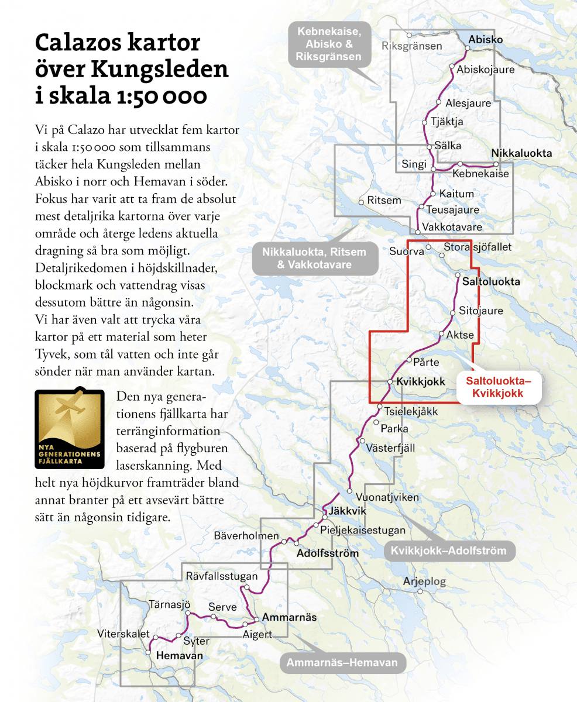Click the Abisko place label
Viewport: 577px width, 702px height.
tap(485, 40)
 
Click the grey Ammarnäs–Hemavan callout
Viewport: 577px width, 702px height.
tap(342, 663)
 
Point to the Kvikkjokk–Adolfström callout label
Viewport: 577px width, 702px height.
tap(449, 550)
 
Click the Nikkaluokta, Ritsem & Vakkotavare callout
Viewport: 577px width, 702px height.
tap(314, 258)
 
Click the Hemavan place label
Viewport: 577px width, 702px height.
tap(180, 656)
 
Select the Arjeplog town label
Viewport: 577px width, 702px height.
tap(424, 581)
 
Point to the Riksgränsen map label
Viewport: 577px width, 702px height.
tap(411, 46)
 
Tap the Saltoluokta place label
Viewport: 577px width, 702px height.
tap(490, 281)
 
